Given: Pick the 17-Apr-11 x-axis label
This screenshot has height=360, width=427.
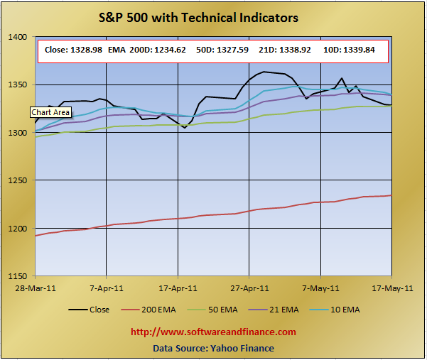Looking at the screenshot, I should tap(178, 288).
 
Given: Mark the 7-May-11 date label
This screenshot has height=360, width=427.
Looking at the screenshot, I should tap(321, 288).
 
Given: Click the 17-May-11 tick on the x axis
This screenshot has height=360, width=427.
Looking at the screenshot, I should tap(392, 288).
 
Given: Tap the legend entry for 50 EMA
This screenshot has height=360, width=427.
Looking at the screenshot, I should tap(220, 310).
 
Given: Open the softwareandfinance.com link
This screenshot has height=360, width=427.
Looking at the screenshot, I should tap(212, 332).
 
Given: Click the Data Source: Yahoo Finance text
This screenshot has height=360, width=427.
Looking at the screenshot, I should tap(212, 348).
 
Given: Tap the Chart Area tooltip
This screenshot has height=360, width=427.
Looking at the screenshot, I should tap(50, 112).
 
